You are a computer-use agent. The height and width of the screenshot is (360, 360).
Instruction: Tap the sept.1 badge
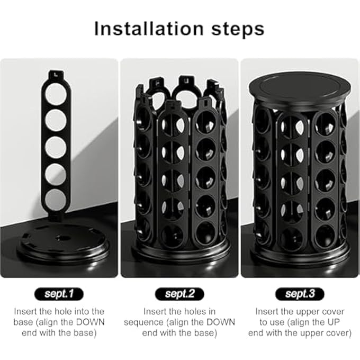pos(59,293)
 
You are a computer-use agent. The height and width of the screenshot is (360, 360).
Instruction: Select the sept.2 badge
pos(179,293)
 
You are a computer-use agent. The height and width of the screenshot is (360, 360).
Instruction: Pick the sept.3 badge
pos(300,293)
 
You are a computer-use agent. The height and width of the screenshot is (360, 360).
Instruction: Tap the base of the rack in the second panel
pos(180,259)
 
